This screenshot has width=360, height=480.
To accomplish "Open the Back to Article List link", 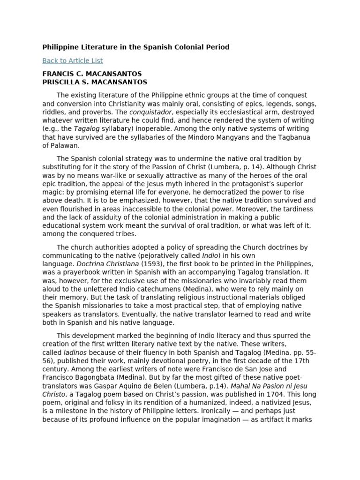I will click(x=72, y=60).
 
